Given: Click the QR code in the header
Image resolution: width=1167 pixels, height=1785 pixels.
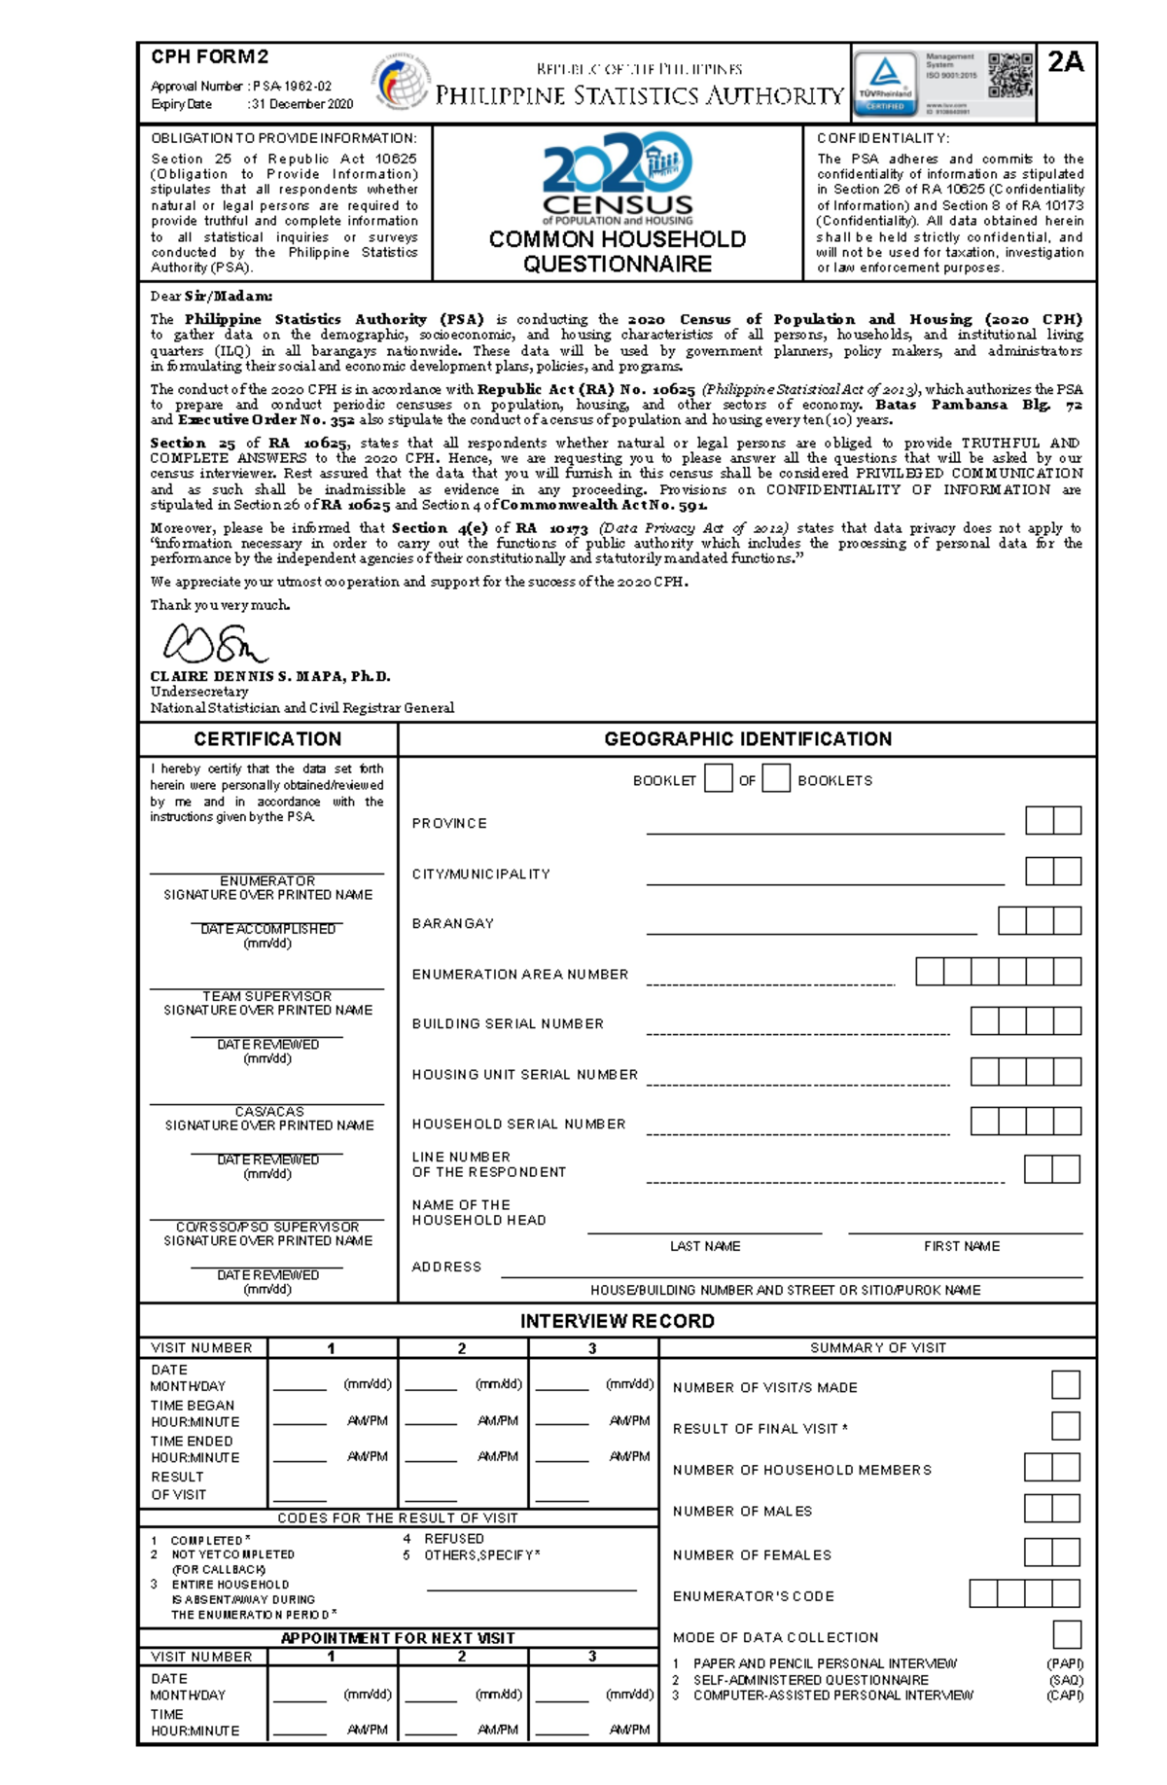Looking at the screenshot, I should click(1010, 76).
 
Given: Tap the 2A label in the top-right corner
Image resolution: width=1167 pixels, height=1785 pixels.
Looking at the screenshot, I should click(1066, 62).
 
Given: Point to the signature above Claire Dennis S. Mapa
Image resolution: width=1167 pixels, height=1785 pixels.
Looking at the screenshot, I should click(215, 643).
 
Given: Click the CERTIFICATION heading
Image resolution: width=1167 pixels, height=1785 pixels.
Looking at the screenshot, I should click(267, 739).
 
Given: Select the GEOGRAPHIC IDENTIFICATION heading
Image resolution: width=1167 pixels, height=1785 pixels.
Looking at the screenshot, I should click(748, 739).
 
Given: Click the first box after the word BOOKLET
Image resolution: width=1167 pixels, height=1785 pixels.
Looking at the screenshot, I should click(718, 778).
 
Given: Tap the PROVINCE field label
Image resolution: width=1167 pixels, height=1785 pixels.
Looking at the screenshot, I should click(449, 824).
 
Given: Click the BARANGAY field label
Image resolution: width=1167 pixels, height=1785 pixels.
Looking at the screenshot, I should click(453, 923).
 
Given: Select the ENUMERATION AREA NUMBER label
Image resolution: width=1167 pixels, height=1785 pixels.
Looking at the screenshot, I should click(520, 974).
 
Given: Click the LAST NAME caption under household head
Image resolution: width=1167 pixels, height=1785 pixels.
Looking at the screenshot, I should click(705, 1246).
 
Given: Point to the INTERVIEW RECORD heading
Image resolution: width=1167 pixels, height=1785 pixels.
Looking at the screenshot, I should click(618, 1321).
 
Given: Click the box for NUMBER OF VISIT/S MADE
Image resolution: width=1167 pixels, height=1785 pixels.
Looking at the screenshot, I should click(1066, 1385).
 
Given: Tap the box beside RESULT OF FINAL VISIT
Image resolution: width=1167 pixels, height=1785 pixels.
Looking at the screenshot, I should click(1066, 1426).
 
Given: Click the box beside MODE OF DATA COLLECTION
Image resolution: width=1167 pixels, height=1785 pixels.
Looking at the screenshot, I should click(1067, 1634).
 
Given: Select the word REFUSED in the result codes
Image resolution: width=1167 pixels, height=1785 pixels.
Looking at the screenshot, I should click(453, 1539).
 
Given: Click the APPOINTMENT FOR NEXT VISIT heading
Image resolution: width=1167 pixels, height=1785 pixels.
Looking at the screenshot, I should click(398, 1638).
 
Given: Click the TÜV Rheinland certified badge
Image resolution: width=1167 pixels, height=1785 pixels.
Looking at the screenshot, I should click(885, 83).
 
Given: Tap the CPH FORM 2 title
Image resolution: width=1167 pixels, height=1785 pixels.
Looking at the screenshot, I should click(209, 57).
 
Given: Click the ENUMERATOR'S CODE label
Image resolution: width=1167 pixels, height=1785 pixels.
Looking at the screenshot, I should click(754, 1596).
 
